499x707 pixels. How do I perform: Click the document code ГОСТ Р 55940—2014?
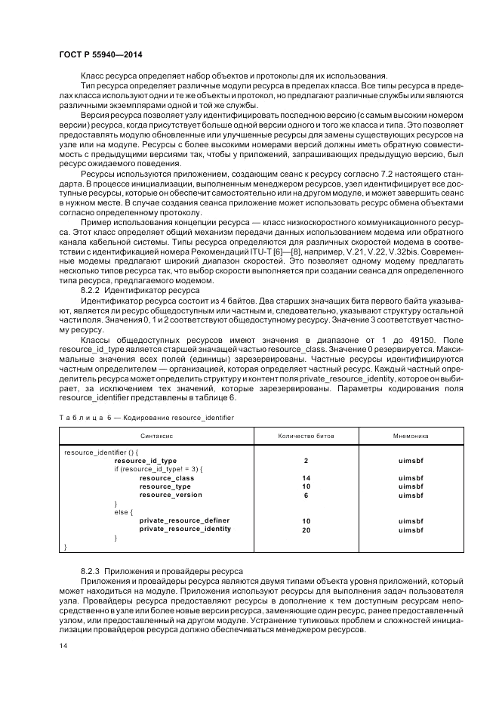[x=100, y=54]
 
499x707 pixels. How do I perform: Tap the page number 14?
[x=63, y=647]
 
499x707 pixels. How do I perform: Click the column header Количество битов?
[x=306, y=437]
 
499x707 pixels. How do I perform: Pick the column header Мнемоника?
[x=411, y=437]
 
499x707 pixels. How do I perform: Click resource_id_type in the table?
[x=145, y=460]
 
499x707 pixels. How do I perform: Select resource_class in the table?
[x=166, y=477]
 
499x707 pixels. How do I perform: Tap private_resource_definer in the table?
[x=184, y=520]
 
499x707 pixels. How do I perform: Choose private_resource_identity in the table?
[x=185, y=529]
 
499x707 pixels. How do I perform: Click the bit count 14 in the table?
[x=306, y=477]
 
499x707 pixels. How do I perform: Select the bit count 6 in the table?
[x=306, y=495]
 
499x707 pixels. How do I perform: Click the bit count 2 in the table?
[x=306, y=460]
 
